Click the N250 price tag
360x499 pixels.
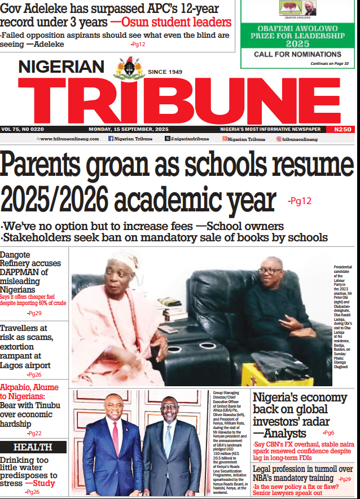(x=343, y=129)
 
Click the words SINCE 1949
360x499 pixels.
(x=165, y=72)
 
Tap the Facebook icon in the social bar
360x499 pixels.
(x=111, y=139)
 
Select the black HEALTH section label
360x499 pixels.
(x=33, y=447)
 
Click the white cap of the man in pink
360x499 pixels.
(x=123, y=260)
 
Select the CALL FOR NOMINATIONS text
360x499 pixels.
(x=297, y=54)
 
